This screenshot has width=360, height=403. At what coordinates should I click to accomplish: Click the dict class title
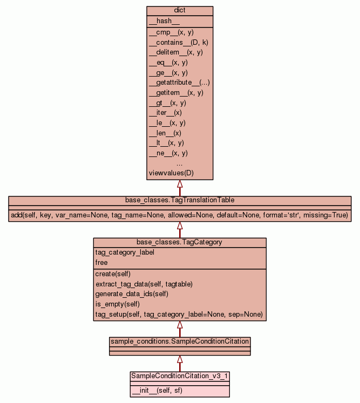[x=180, y=11]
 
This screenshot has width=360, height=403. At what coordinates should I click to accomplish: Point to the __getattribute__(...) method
[x=179, y=83]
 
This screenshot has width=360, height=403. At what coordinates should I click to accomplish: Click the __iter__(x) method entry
[x=165, y=113]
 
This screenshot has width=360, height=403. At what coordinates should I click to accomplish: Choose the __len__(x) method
[x=165, y=133]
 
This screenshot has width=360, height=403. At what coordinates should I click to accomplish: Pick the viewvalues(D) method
[x=171, y=173]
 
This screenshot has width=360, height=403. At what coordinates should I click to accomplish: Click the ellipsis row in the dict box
[x=180, y=163]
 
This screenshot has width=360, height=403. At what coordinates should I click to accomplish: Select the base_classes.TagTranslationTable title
[x=180, y=200]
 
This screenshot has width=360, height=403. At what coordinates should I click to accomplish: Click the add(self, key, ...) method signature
[x=180, y=215]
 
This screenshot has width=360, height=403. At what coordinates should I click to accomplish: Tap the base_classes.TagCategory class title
[x=180, y=242]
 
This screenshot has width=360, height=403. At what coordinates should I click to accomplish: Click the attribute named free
[x=101, y=263]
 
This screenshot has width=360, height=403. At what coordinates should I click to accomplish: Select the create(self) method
[x=113, y=274]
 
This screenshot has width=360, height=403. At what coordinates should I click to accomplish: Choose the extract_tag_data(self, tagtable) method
[x=144, y=284]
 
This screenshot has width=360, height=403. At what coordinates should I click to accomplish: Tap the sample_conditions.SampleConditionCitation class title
[x=180, y=341]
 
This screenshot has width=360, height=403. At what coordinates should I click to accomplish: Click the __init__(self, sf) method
[x=157, y=390]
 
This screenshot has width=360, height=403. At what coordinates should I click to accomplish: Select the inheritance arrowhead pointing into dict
[x=180, y=184]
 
